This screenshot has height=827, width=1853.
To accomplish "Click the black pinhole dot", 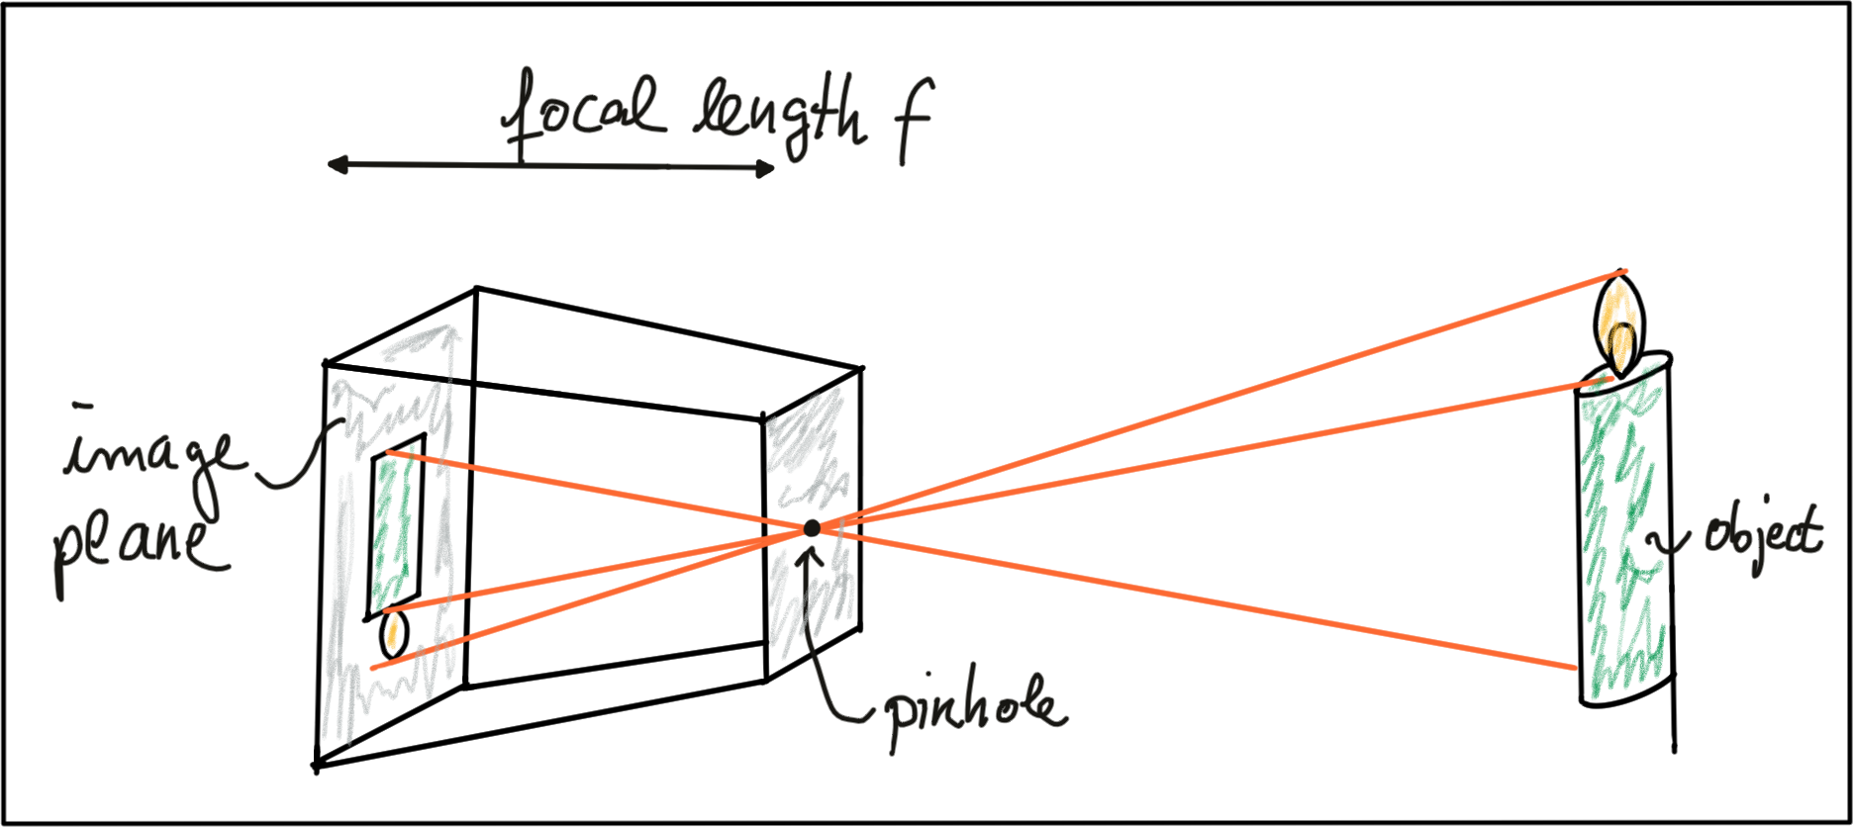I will point(812,528).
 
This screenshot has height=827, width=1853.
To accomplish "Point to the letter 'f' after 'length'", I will point(911,124).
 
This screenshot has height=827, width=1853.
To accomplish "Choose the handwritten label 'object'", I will point(1762,534).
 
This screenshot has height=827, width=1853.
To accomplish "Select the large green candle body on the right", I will point(1623,534).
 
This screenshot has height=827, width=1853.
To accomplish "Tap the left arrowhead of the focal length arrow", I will point(332,165).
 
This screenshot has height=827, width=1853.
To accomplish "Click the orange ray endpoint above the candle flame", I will point(1624,270).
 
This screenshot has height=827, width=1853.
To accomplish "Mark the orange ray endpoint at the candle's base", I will point(1575,669).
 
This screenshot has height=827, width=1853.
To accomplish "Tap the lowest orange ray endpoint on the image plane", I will point(372,669).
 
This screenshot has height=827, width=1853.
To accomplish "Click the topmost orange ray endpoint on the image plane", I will point(389,452).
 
